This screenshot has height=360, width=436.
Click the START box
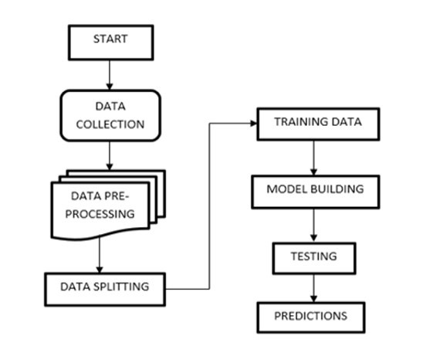pos(110,42)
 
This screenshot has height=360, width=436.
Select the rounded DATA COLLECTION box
pos(110,115)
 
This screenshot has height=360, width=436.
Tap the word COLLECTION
pos(110,124)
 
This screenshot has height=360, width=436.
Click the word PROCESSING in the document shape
pos(100,214)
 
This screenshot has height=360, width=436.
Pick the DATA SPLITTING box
pos(105,289)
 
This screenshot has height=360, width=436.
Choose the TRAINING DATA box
pos(318,124)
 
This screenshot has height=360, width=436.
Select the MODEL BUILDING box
pos(316,192)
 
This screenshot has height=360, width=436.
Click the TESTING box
pos(314,258)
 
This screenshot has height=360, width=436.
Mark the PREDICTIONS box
pos(311,317)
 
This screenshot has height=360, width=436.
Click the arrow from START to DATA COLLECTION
pos(110,75)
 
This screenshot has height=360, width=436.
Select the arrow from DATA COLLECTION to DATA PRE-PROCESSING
pos(110,155)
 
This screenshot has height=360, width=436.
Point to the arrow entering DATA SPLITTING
pos(100,255)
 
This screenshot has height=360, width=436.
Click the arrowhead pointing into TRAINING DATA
pos(254,123)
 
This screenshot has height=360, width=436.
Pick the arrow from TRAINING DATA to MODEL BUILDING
pos(314,158)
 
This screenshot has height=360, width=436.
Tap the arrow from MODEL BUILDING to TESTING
pos(314,226)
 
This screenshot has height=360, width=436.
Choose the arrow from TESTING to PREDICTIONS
pos(314,288)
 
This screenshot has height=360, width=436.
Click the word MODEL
pos(287,189)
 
